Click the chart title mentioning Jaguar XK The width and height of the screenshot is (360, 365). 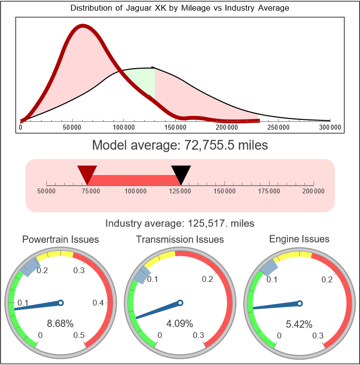[180, 8]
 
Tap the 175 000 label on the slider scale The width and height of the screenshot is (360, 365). [269, 191]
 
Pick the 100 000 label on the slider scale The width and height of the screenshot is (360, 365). [136, 191]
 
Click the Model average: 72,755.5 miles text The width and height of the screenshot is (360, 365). [180, 145]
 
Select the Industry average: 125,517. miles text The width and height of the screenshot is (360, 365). [180, 223]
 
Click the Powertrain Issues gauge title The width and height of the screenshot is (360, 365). [61, 239]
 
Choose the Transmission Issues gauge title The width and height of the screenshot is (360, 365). [180, 239]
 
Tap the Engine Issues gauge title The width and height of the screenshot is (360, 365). [299, 239]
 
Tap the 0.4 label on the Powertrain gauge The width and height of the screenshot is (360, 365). [99, 303]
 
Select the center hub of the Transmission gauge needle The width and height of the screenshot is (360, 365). [180, 303]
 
